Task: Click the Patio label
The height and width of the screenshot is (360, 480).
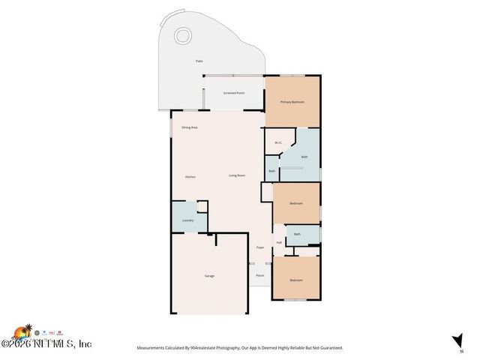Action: [199, 61]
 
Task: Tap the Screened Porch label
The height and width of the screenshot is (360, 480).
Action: [234, 93]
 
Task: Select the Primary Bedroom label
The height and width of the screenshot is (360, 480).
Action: [292, 101]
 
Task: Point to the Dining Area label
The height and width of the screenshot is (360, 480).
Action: [189, 127]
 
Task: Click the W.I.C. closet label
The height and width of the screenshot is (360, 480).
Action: [277, 142]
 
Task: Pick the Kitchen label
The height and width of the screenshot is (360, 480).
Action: [190, 176]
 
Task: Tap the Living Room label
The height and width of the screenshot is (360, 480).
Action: [237, 175]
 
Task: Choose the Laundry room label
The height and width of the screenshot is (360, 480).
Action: [188, 220]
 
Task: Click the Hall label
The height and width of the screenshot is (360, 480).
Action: [279, 242]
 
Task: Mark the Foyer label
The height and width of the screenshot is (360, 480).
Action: [260, 247]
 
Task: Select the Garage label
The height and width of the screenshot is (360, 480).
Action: [209, 276]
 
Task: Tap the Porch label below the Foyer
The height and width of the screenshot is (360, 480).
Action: [260, 275]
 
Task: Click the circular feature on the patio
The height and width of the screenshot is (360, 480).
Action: [182, 35]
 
